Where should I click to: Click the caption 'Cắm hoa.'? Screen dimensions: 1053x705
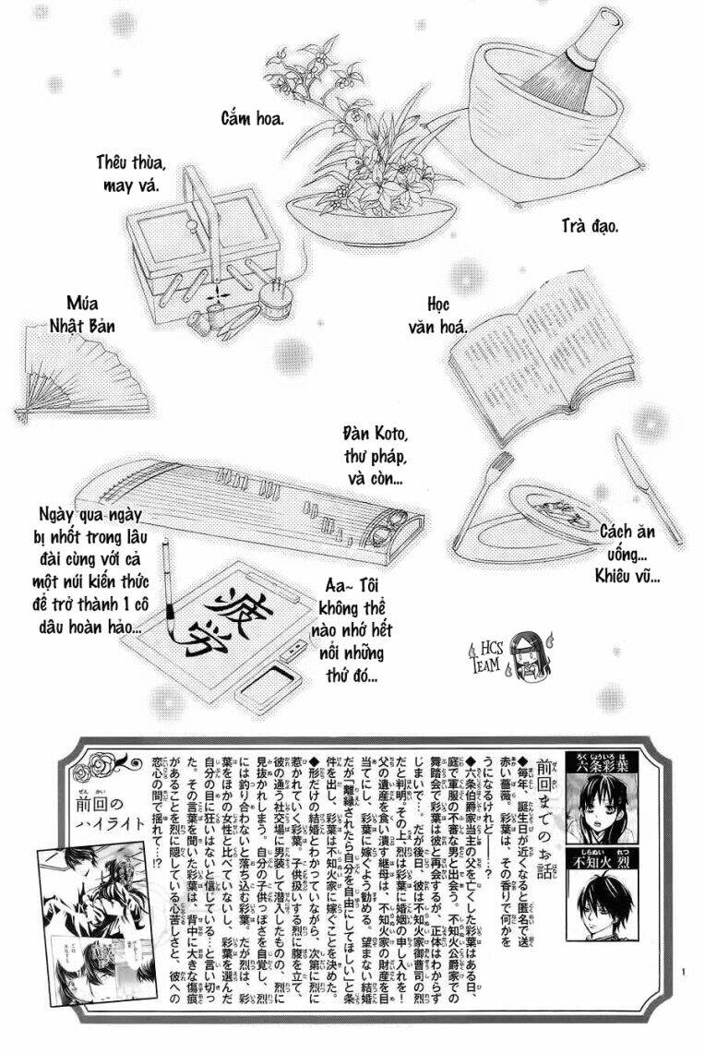(251, 118)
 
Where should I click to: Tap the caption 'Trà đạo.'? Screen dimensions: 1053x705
(591, 225)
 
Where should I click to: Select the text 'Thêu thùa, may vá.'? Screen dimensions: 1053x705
(130, 174)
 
